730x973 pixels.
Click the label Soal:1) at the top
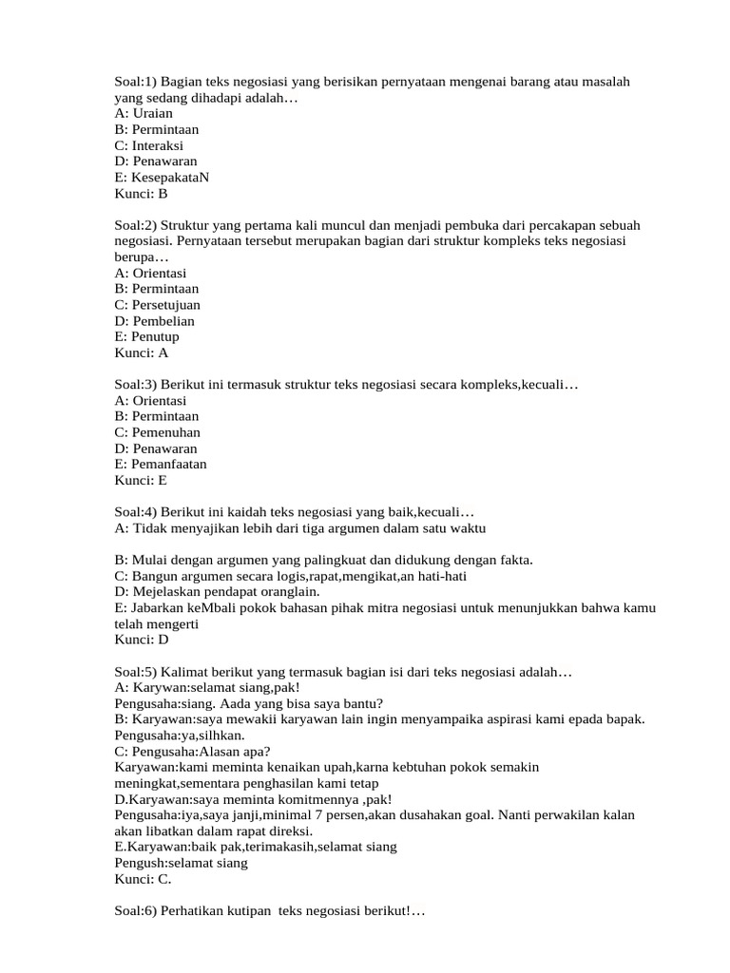click(135, 82)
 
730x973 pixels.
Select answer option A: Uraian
click(144, 113)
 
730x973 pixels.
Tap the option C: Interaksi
click(148, 145)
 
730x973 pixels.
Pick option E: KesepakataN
click(162, 178)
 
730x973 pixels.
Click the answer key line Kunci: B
click(141, 194)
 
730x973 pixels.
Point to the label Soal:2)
click(135, 225)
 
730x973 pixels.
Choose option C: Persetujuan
click(157, 305)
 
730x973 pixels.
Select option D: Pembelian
click(154, 321)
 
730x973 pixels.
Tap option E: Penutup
click(146, 336)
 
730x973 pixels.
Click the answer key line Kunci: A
click(141, 353)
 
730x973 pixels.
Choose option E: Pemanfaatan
click(160, 464)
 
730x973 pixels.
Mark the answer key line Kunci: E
click(141, 480)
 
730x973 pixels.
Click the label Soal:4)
click(135, 512)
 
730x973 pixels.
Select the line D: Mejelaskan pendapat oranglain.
click(217, 592)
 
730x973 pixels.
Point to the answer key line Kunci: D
click(141, 639)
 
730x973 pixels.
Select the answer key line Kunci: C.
click(143, 879)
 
